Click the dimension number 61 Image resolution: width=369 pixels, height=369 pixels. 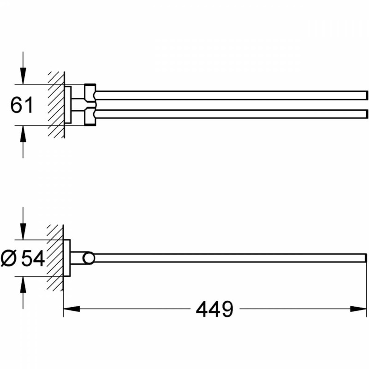pos(22,105)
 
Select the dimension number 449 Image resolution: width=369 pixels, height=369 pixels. pos(214,309)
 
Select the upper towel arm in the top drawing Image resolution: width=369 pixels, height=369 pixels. pos(231,95)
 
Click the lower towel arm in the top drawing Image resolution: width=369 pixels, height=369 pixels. pos(231,114)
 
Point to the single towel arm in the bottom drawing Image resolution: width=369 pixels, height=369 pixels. pos(231,258)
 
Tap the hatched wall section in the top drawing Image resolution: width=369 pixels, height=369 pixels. pos(55,105)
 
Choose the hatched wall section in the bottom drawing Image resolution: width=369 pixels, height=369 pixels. pos(55,258)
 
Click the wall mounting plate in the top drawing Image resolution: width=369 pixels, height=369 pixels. pos(68,105)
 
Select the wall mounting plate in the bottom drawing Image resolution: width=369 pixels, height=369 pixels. pos(67,258)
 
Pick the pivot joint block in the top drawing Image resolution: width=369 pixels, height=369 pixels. pos(90,105)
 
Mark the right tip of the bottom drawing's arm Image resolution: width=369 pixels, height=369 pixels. pos(365,258)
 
